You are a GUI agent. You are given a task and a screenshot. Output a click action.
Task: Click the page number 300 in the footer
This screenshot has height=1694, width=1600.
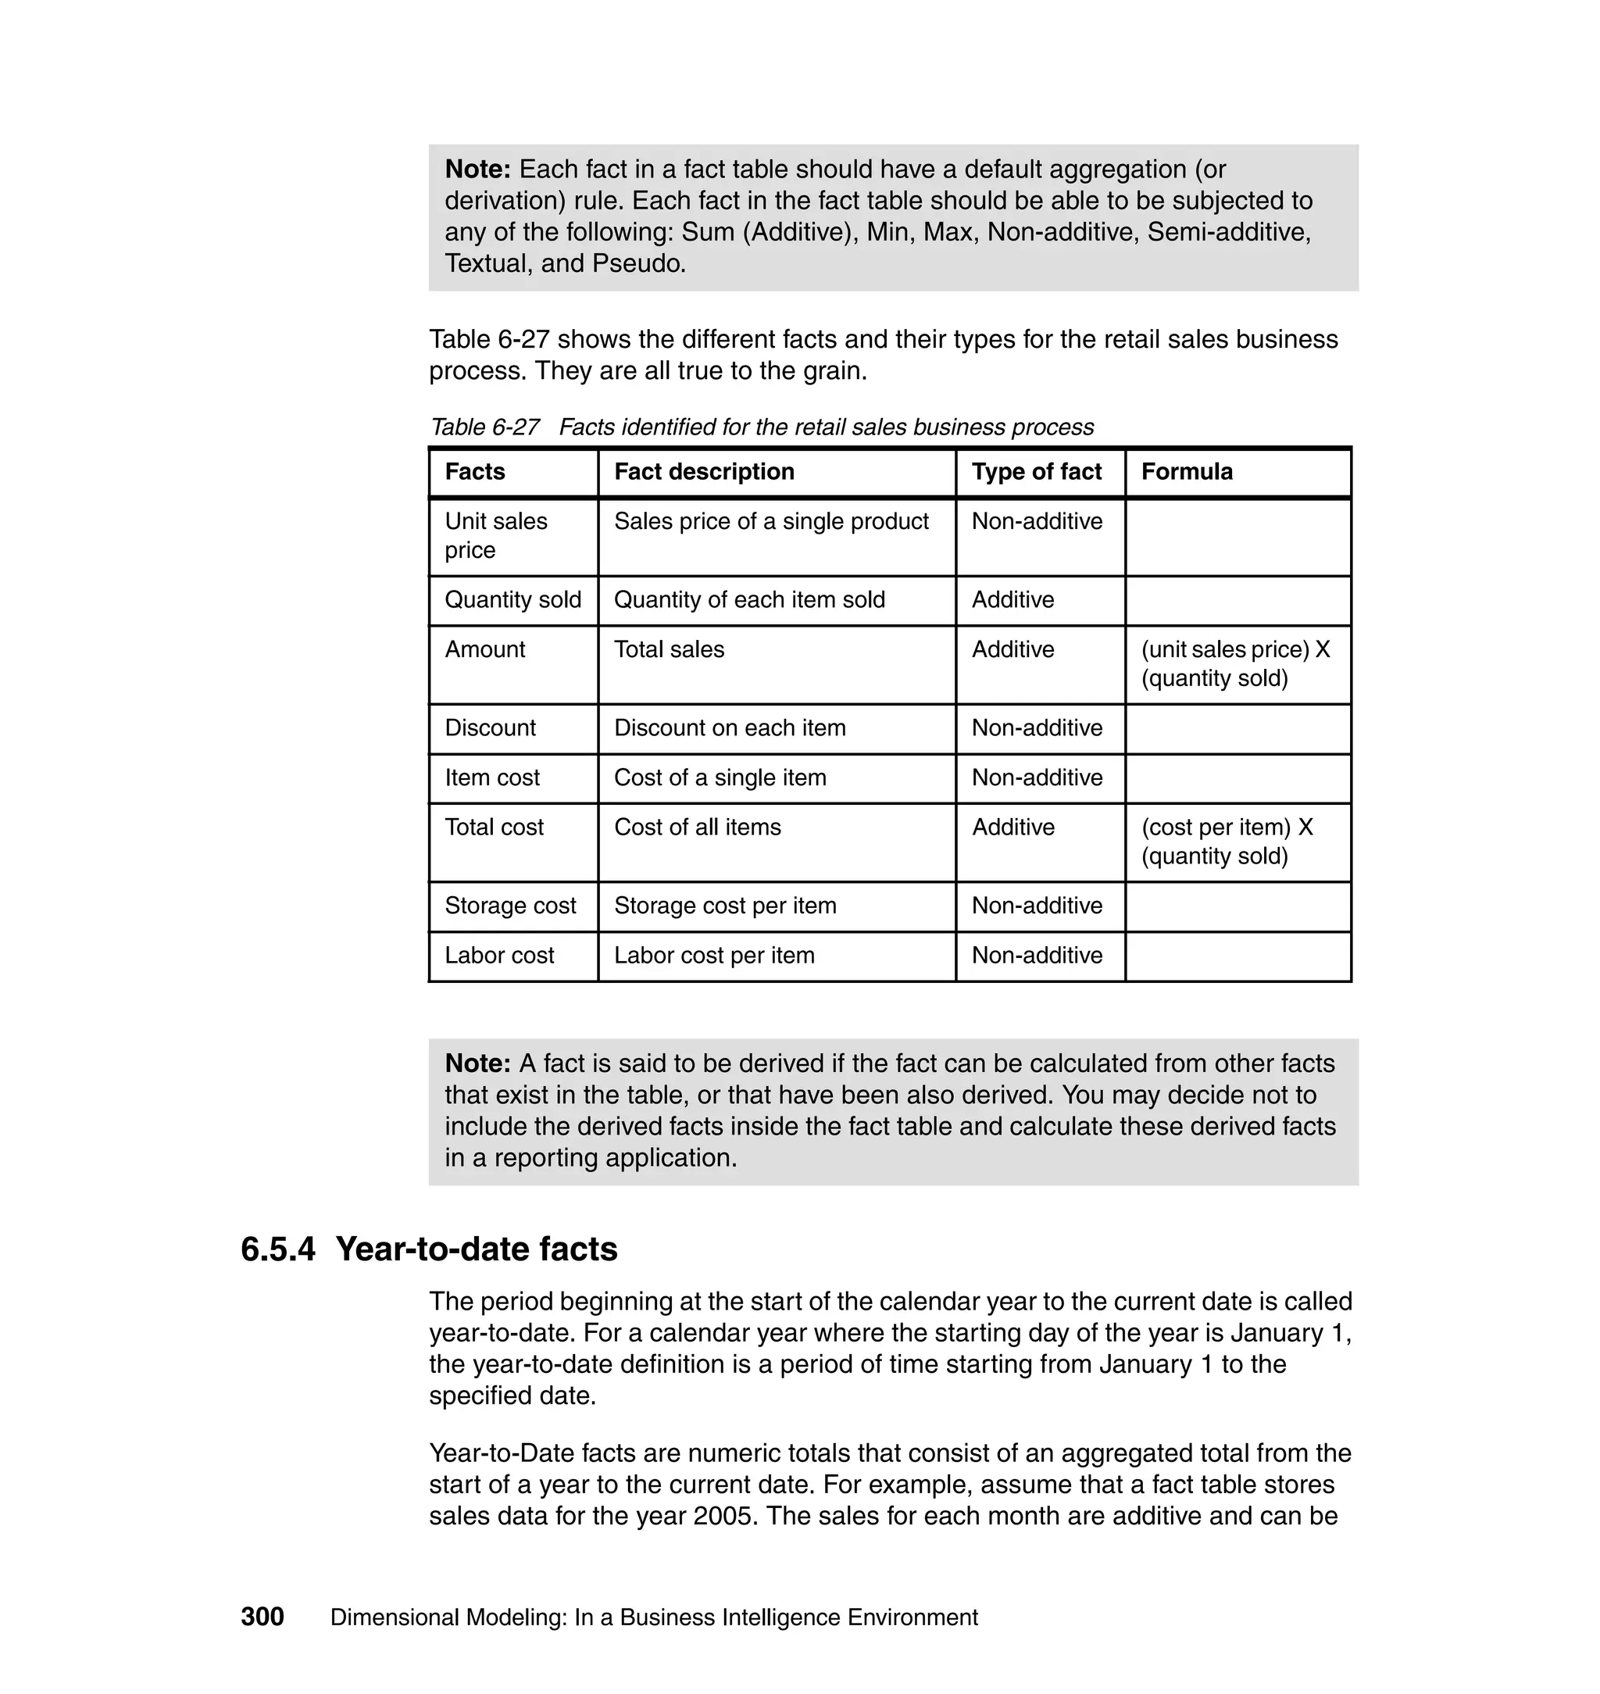262,1617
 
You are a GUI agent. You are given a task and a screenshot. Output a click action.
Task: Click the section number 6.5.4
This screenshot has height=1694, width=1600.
278,1249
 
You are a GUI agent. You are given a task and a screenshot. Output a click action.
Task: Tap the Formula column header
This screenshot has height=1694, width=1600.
1187,472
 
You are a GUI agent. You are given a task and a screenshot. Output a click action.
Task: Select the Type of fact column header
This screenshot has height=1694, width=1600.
1036,472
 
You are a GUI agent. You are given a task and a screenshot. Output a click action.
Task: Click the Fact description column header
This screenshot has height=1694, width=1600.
704,472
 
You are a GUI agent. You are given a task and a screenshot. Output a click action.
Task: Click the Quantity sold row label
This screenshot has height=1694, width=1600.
512,599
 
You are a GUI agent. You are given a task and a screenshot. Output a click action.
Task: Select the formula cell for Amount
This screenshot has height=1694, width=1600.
1235,663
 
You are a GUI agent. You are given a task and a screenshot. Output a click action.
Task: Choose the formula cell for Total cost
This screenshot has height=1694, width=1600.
1227,841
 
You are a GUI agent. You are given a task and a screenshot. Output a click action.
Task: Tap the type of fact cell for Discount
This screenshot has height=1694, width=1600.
1036,727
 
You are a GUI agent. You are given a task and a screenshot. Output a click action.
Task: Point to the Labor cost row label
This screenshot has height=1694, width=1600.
499,955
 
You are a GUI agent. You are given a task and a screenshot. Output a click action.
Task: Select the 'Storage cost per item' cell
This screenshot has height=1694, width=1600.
725,905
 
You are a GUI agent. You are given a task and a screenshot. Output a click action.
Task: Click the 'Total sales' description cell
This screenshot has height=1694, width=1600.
669,649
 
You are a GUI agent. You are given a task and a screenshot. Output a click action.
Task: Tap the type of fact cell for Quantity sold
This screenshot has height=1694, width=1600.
1012,599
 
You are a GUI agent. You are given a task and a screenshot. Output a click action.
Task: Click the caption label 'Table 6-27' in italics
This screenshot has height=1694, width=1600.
484,427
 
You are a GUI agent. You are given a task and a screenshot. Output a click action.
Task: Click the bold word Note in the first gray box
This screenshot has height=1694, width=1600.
477,169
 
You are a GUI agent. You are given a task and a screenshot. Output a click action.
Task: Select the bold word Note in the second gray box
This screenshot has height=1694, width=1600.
477,1063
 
